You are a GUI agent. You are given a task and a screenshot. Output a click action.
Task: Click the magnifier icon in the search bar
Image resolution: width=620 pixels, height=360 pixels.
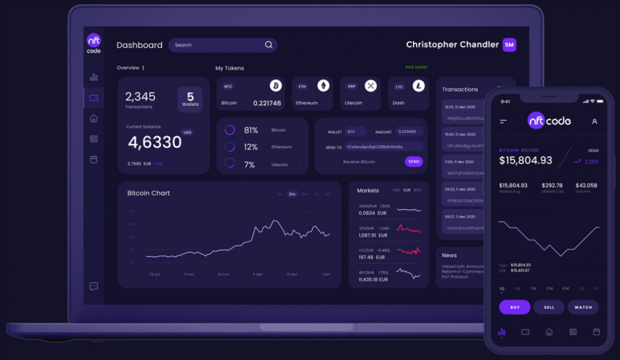269,45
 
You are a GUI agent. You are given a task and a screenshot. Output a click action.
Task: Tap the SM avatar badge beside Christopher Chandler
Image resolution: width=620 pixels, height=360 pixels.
509,45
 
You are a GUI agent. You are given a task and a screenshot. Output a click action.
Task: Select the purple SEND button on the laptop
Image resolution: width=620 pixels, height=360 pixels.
414,162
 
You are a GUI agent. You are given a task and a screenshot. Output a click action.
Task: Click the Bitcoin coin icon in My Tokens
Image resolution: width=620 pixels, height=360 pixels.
276,86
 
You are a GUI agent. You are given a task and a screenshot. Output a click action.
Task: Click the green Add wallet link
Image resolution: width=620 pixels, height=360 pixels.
416,67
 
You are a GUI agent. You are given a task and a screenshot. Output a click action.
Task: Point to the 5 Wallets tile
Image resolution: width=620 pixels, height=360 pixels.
190,99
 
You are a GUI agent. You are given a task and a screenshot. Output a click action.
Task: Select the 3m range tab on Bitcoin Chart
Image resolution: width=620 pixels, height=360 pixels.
292,194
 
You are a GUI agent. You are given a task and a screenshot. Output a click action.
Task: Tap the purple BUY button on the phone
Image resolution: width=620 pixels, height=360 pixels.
515,307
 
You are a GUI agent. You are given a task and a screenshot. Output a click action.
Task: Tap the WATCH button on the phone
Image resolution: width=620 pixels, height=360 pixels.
583,307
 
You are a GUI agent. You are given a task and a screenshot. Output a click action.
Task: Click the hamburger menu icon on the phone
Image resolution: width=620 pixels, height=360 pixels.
503,122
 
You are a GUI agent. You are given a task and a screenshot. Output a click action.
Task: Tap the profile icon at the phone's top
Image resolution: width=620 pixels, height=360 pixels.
594,122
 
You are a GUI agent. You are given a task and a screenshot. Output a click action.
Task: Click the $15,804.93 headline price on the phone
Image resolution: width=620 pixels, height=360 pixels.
526,160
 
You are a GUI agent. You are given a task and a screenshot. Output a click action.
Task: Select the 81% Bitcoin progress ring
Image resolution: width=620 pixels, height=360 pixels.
229,130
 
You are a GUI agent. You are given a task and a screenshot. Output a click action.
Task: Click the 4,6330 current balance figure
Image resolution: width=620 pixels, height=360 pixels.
154,143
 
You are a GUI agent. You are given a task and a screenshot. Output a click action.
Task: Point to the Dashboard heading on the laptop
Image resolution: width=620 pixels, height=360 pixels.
139,45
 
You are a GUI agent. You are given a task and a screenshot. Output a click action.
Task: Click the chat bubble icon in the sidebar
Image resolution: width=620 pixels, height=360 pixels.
94,286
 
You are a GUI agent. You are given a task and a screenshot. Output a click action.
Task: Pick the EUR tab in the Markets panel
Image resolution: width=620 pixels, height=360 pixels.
407,191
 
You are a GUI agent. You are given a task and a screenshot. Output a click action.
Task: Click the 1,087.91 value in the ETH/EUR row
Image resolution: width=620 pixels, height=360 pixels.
368,235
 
